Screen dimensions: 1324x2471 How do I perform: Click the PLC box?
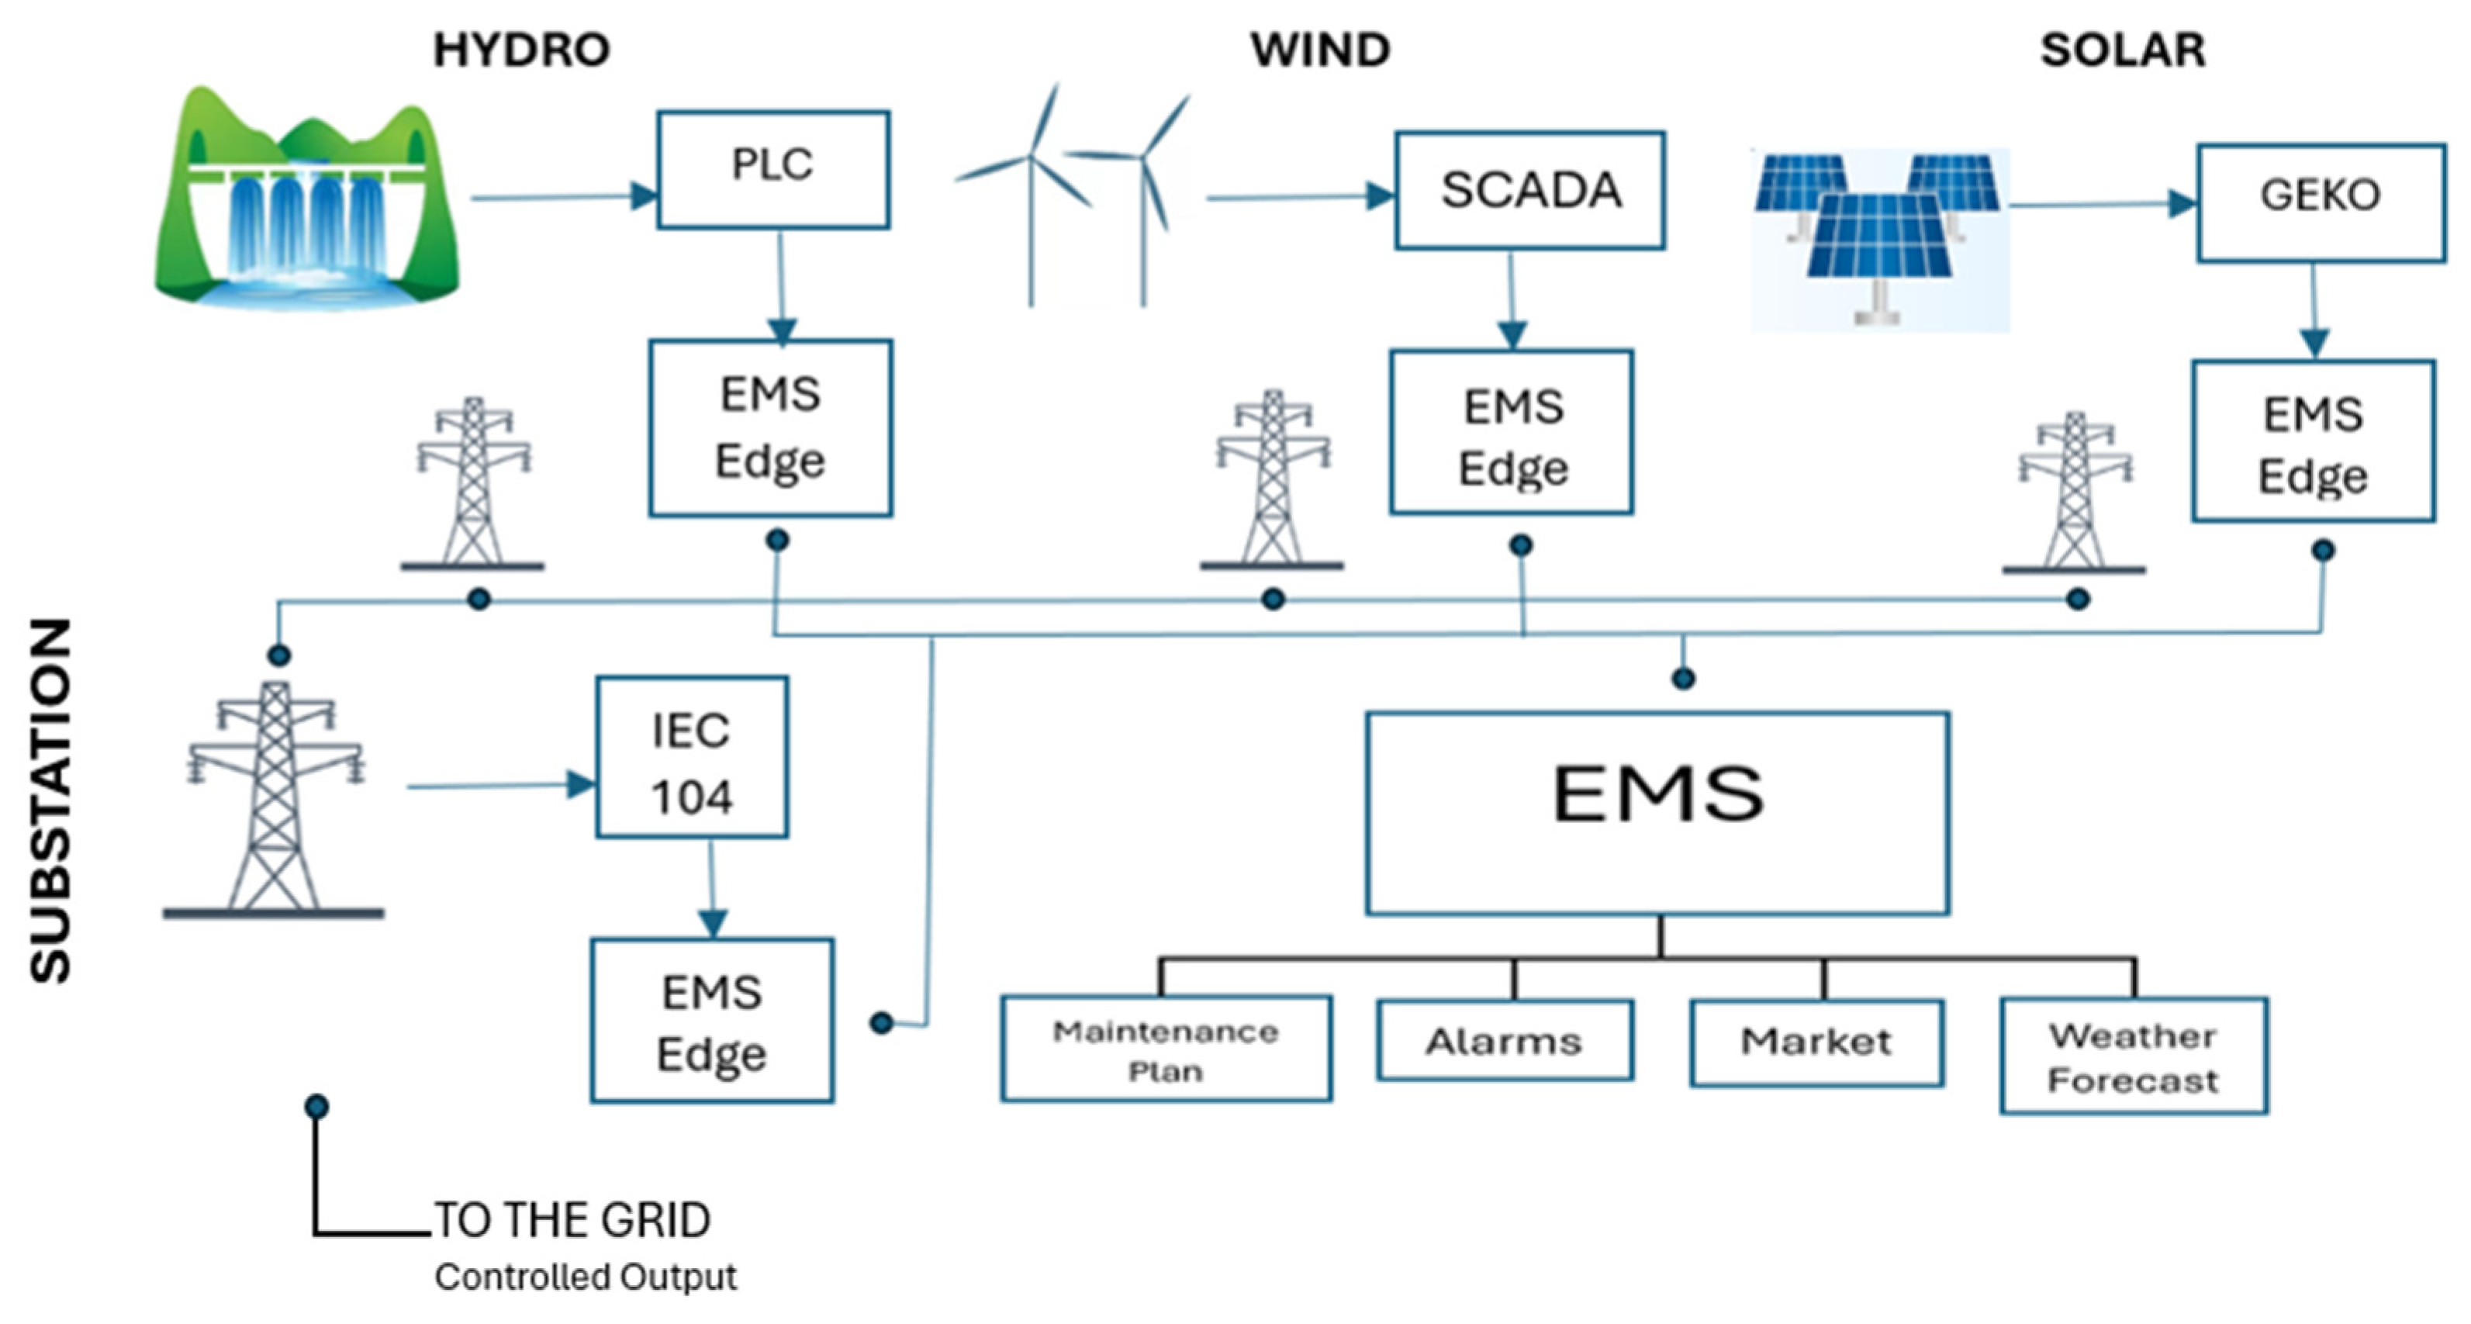click(772, 170)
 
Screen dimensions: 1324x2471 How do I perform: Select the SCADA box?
click(1529, 191)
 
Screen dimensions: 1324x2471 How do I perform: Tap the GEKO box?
click(2321, 202)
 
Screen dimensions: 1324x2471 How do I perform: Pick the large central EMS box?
click(1657, 814)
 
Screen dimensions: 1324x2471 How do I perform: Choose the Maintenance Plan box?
click(1166, 1049)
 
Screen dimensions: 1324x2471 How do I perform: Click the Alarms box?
click(1504, 1041)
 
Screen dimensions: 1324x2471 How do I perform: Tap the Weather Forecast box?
click(2134, 1056)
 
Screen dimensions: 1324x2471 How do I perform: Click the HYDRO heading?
click(521, 50)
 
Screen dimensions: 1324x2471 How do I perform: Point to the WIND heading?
click(1320, 50)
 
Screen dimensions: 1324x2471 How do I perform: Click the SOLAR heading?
click(2122, 50)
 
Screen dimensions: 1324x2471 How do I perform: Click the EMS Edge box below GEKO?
click(2313, 442)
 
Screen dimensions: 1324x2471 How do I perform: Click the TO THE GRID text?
click(572, 1220)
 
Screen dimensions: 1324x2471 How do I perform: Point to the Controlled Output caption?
click(585, 1277)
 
